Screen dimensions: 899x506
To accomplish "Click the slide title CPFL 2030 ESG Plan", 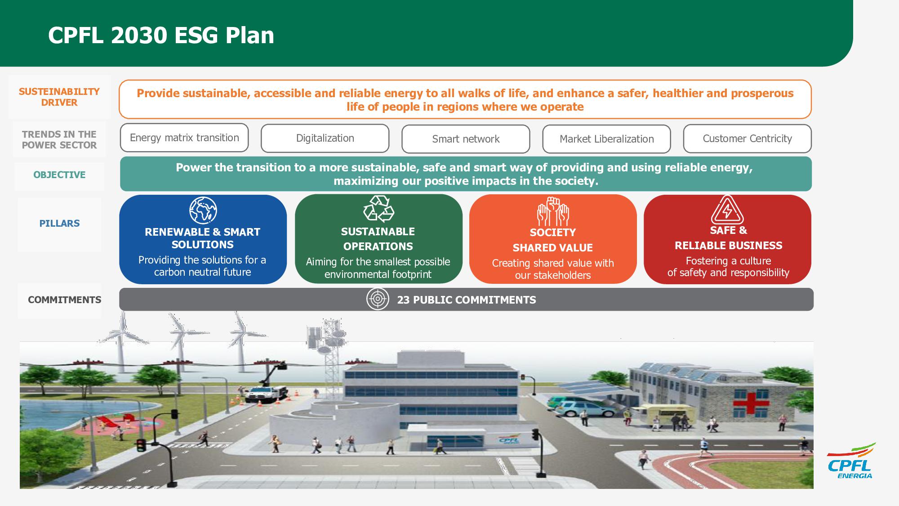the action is click(x=161, y=36).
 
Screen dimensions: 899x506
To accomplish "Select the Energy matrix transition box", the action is click(x=184, y=138).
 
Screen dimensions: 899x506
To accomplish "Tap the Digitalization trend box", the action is click(x=325, y=139).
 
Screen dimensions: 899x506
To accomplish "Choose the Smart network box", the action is click(x=466, y=139).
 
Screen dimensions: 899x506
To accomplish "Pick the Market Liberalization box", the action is click(x=606, y=139).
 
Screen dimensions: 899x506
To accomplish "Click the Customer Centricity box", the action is click(x=747, y=139).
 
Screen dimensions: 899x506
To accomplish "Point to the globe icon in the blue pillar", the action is click(x=203, y=210).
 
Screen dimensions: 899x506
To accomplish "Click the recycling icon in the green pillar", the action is click(x=378, y=209).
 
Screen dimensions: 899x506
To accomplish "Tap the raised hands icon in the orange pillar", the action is click(x=553, y=211).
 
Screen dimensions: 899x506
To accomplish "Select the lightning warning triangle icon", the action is click(x=727, y=210).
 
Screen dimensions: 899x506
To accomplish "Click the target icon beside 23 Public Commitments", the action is click(x=378, y=299).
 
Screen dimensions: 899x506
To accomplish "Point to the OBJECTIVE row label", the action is click(x=59, y=175).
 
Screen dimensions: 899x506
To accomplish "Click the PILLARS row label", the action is click(x=59, y=224).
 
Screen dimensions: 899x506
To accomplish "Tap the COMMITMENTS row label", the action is click(x=64, y=300).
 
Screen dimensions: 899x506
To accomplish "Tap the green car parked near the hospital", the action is click(x=579, y=407).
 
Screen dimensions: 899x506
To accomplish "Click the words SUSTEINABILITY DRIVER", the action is click(x=59, y=97).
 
